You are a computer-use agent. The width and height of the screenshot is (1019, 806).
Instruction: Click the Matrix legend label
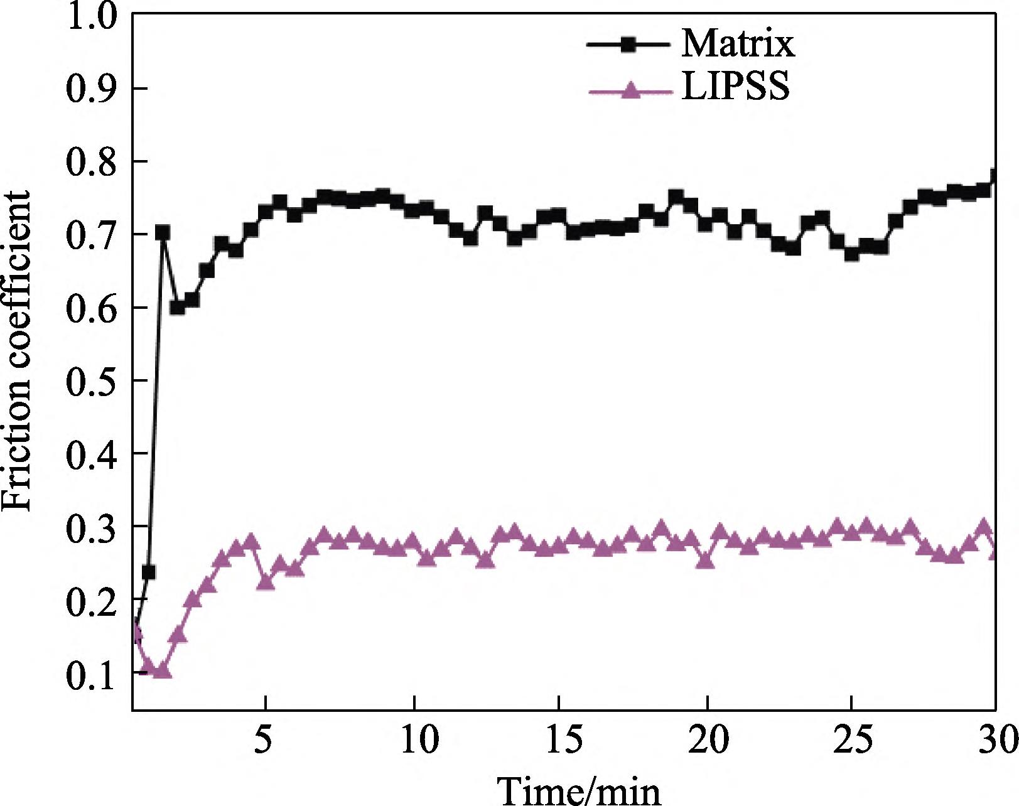pos(737,44)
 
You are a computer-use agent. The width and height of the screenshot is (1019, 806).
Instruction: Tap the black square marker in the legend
pos(630,44)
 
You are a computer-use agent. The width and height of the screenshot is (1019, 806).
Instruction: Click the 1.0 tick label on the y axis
pos(90,16)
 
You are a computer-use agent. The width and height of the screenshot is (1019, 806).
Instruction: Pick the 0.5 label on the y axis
pos(90,380)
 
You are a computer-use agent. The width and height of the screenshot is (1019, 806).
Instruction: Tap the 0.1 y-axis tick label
pos(90,674)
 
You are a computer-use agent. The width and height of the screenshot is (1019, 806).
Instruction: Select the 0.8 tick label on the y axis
pos(90,162)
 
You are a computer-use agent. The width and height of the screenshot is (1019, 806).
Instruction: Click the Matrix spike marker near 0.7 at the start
pos(163,233)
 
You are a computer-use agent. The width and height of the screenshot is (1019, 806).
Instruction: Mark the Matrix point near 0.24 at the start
pos(149,572)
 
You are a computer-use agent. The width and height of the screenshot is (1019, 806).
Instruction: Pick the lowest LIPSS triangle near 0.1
pos(163,670)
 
